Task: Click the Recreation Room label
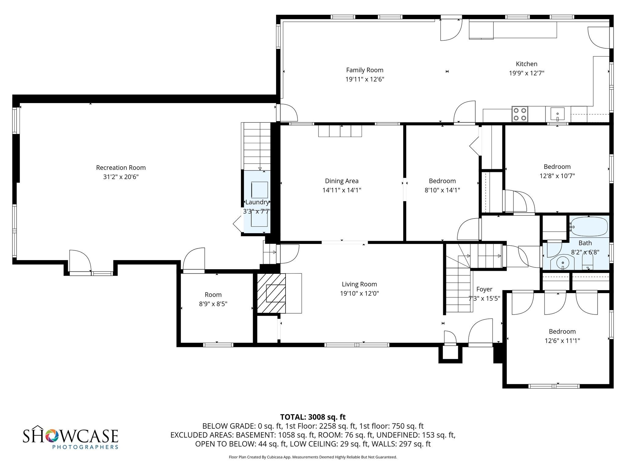[x=121, y=168]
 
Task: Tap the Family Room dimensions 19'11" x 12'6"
[x=365, y=79]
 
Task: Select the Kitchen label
[x=526, y=64]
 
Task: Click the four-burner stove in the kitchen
[x=520, y=114]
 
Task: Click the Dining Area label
[x=341, y=181]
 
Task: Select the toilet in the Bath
[x=587, y=263]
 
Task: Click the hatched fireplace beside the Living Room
[x=271, y=293]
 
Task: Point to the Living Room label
[x=359, y=284]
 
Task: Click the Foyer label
[x=484, y=289]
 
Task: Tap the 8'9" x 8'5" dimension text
[x=213, y=304]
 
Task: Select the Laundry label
[x=257, y=202]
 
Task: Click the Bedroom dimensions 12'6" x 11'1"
[x=562, y=341]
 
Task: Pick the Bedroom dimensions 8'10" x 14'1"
[x=442, y=190]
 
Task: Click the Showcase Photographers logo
[x=71, y=437]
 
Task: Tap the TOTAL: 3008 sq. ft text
[x=313, y=417]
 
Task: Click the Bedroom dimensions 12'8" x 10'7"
[x=557, y=176]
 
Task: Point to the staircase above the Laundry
[x=257, y=146]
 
